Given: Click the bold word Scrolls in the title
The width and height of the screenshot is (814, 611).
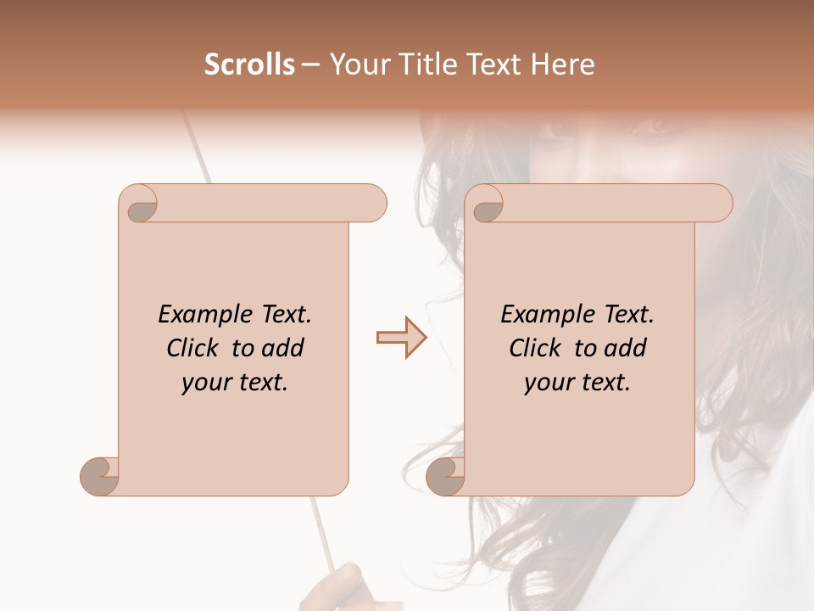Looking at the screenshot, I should (x=249, y=64).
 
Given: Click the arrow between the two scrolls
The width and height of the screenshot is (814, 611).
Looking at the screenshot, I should (x=401, y=338).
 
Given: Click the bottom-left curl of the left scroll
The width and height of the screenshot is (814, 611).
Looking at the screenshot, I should (x=99, y=475).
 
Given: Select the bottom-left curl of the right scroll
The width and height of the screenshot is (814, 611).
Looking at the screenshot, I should (x=445, y=475).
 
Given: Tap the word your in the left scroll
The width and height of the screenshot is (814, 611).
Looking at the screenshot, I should (x=205, y=383).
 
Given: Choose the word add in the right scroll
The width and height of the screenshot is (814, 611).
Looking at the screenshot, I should (x=627, y=348).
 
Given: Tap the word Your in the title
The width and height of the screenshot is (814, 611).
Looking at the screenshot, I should (x=356, y=64).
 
